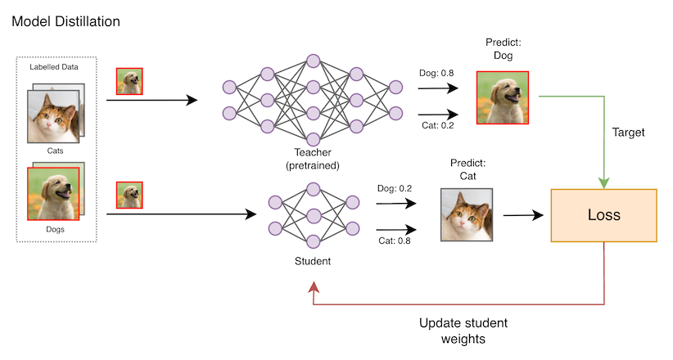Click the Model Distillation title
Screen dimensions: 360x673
(x=65, y=20)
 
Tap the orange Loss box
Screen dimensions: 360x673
(x=605, y=216)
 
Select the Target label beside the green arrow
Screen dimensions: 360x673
(x=629, y=132)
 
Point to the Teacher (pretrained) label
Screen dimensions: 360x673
(x=312, y=160)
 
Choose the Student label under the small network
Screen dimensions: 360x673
(x=311, y=262)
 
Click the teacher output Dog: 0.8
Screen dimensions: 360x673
(x=437, y=74)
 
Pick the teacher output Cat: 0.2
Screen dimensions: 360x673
(x=437, y=126)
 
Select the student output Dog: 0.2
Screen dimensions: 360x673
(x=394, y=188)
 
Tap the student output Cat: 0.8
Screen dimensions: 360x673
(x=394, y=241)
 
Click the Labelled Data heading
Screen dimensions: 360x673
(x=54, y=67)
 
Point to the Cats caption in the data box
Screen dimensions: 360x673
(x=55, y=151)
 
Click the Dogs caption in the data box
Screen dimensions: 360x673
(x=55, y=229)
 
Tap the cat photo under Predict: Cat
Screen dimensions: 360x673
(x=467, y=215)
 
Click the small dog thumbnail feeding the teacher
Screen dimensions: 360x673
(x=129, y=81)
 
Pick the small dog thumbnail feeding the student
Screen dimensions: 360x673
(x=129, y=195)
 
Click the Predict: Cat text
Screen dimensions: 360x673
(x=467, y=169)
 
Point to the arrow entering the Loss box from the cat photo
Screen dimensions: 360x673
(x=524, y=216)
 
